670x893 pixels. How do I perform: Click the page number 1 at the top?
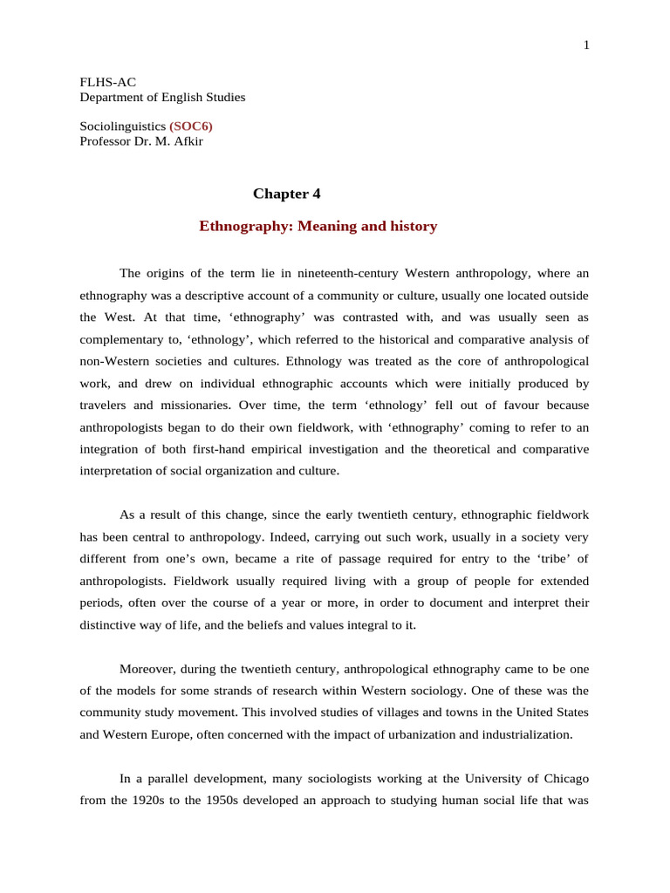pos(586,45)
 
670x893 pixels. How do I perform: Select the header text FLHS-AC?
pos(108,82)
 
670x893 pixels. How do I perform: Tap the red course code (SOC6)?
pos(190,126)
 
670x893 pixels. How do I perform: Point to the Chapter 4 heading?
pos(280,194)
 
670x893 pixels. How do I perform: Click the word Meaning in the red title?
pos(331,227)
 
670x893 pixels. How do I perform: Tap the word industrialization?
pos(517,734)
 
